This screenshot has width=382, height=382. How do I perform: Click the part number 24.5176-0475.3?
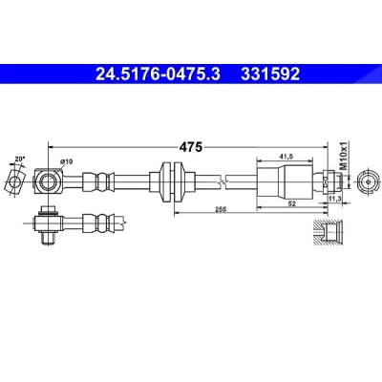tap(158, 74)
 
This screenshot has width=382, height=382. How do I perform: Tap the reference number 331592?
tap(270, 74)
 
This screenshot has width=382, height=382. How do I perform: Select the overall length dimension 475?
tap(191, 147)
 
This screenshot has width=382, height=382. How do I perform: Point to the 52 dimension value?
tap(291, 203)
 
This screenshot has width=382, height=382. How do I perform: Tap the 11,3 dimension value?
tap(335, 199)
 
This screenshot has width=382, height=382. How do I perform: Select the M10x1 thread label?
tap(343, 156)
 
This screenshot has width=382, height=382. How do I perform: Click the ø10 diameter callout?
tap(67, 161)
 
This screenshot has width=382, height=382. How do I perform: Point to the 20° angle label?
tap(19, 159)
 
